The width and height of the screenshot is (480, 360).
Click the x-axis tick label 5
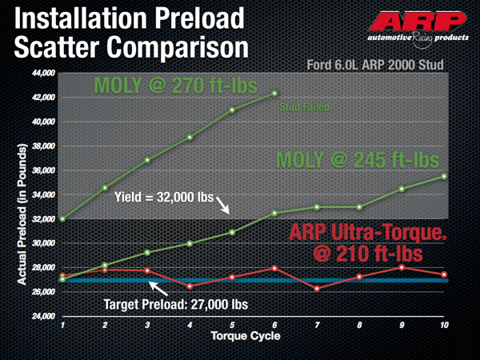(x=232, y=326)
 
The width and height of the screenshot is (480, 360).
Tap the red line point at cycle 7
(x=318, y=288)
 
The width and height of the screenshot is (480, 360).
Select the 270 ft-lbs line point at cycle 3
(x=147, y=160)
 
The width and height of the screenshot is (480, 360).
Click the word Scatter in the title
(x=61, y=46)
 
